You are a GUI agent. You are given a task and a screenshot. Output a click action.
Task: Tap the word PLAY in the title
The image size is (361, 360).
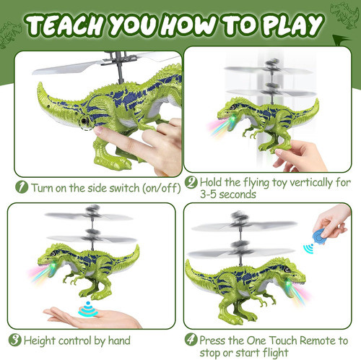(x=292, y=25)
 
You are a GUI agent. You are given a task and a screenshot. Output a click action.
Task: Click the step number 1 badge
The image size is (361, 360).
(x=22, y=187)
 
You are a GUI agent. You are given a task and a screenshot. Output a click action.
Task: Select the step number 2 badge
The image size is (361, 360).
(x=191, y=182)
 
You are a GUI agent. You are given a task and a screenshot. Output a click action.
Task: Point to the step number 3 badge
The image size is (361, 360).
(x=15, y=340)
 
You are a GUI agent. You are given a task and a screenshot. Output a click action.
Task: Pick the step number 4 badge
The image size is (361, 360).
(x=191, y=340)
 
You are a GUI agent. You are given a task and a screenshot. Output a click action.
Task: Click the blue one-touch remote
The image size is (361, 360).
(x=319, y=236)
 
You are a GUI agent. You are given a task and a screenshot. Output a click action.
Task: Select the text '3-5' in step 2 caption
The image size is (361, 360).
(x=209, y=194)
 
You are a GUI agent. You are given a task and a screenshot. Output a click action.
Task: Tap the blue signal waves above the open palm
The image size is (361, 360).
(x=88, y=309)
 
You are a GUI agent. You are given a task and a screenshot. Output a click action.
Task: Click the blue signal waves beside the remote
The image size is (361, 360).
(x=308, y=249)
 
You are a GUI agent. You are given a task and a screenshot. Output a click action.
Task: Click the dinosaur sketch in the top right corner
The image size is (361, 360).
(x=344, y=15)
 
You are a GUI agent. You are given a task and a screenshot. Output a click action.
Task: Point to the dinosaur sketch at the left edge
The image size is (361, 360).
(x=9, y=35)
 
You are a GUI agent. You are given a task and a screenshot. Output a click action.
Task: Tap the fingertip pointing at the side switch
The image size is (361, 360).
(x=98, y=130)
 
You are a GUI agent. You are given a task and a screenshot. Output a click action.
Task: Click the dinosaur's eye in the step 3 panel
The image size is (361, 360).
(x=53, y=253)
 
